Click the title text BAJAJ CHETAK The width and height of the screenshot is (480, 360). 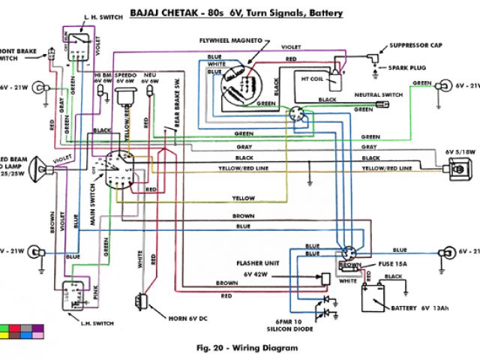coord(161,13)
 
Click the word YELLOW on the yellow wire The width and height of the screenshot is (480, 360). coord(244,198)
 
